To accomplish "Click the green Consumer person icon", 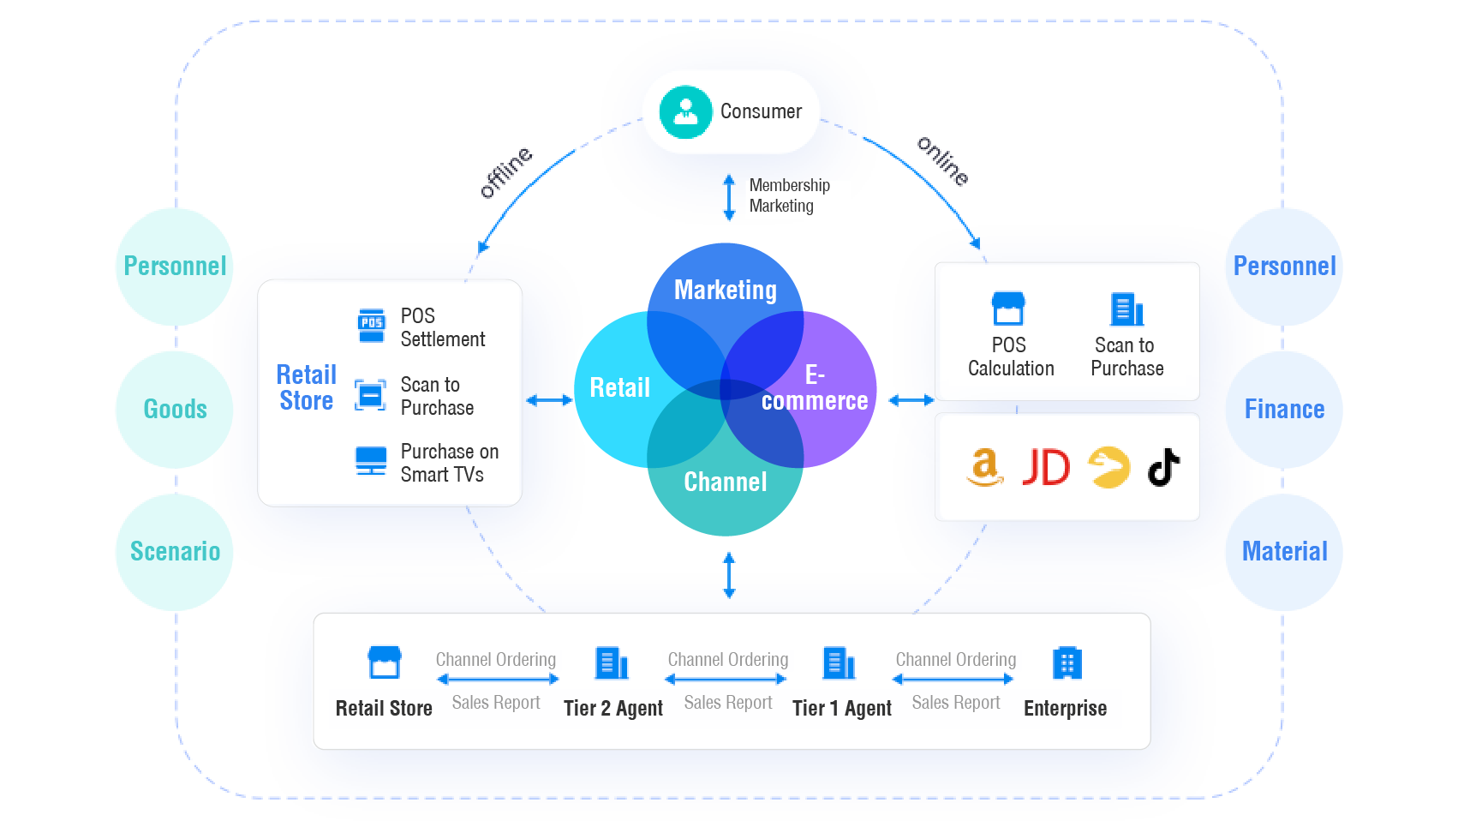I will (685, 112).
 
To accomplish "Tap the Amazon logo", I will (985, 467).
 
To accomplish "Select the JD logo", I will (1046, 468).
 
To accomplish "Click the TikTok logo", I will (1163, 467).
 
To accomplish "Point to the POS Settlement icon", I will (371, 326).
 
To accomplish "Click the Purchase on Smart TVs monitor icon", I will (371, 461).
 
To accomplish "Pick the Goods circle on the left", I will (175, 409).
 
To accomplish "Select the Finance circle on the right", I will (1284, 409).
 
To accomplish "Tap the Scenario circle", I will (175, 551).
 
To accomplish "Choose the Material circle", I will (1284, 551).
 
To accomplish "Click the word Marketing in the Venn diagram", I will (725, 291).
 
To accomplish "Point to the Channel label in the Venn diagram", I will (725, 482).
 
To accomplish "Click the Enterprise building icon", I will (1067, 662).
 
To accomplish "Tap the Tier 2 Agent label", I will (612, 709).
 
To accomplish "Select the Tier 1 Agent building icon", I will (839, 662).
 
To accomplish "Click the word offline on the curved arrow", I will (506, 172).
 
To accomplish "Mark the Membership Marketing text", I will (788, 196).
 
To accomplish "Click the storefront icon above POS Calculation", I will (1008, 309).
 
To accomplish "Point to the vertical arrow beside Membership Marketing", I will (729, 197).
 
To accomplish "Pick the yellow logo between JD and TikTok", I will (1108, 467).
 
